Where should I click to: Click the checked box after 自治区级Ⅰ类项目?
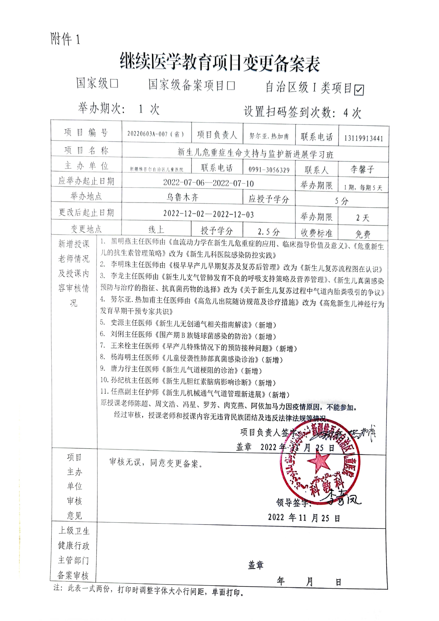point(359,90)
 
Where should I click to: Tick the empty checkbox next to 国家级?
point(114,83)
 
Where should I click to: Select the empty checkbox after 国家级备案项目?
point(230,86)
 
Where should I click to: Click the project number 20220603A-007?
point(155,134)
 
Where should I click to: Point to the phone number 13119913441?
point(363,138)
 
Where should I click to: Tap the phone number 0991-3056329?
point(269,170)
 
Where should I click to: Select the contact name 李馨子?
point(362,169)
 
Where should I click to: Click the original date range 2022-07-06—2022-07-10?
point(208,183)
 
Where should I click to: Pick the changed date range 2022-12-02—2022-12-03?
point(208,214)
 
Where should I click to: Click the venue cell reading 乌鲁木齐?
point(182,197)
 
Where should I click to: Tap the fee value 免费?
point(363,234)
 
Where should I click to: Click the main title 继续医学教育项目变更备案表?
point(220,63)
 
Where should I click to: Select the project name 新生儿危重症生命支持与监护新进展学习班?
point(255,153)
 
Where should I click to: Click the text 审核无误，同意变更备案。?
point(156,463)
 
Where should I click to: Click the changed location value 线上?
point(156,230)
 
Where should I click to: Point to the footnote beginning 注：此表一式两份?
point(149,590)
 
